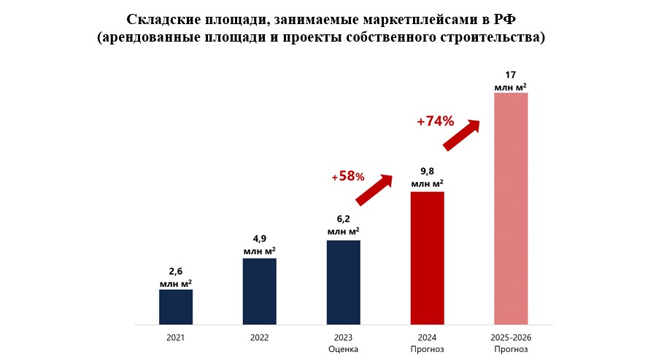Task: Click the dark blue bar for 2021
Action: [176, 307]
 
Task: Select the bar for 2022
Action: [259, 291]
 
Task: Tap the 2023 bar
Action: [343, 282]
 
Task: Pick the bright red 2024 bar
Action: [427, 258]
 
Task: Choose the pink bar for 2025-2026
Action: [511, 208]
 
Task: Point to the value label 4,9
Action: [259, 239]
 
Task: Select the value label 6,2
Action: [343, 218]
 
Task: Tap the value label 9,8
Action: [427, 172]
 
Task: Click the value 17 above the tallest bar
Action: [511, 74]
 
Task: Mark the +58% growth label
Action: [347, 176]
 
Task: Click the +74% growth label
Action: [436, 121]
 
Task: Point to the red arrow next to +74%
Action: [462, 134]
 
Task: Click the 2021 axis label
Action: [176, 338]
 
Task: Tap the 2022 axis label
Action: [259, 338]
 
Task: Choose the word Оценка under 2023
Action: [343, 349]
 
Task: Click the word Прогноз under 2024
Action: [427, 349]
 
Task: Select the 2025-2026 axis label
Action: [511, 338]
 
